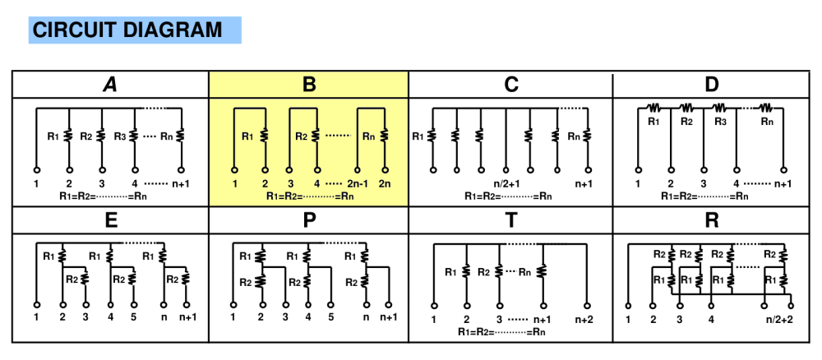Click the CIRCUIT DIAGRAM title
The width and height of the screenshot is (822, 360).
127,30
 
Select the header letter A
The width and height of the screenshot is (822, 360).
109,85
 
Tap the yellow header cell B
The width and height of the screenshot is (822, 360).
309,85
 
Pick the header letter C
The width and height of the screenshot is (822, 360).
511,85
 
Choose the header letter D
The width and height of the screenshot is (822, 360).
712,85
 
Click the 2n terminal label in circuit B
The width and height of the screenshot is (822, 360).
386,183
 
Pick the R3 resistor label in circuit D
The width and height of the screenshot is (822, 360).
721,122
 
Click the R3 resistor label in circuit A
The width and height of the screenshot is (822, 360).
119,136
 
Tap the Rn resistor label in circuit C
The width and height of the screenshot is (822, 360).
574,136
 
